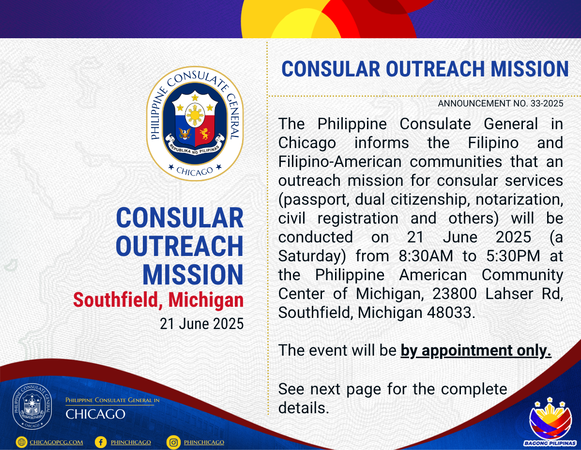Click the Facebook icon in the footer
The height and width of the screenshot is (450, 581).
(101, 442)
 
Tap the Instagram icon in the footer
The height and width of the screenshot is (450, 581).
(173, 442)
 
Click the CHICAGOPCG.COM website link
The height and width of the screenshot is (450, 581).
(56, 442)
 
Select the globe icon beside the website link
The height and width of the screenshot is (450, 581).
(21, 442)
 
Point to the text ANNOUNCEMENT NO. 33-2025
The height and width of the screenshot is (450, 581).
(501, 104)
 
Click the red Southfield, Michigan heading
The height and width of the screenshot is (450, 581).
(158, 300)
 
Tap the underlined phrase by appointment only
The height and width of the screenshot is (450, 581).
(476, 350)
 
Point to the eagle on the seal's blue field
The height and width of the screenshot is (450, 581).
(185, 134)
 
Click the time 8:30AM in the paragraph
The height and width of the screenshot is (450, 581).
(426, 256)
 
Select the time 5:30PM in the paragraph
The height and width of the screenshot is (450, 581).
(513, 256)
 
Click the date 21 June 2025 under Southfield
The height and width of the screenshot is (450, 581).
(201, 324)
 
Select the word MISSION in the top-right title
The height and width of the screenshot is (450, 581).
(529, 69)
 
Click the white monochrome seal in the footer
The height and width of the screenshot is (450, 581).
(32, 406)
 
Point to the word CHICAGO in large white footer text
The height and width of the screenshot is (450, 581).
(95, 414)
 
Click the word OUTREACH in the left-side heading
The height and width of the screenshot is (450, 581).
(180, 246)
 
